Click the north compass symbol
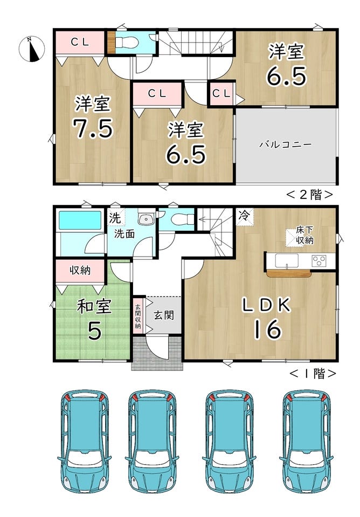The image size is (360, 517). [31, 49]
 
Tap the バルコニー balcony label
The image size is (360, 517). [285, 144]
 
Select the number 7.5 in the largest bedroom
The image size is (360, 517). [93, 128]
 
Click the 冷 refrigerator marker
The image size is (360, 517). [244, 215]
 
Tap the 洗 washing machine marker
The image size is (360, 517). [115, 218]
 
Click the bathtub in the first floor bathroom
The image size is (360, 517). [80, 220]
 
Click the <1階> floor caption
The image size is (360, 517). [313, 373]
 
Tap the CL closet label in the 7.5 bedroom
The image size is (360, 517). [80, 41]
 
